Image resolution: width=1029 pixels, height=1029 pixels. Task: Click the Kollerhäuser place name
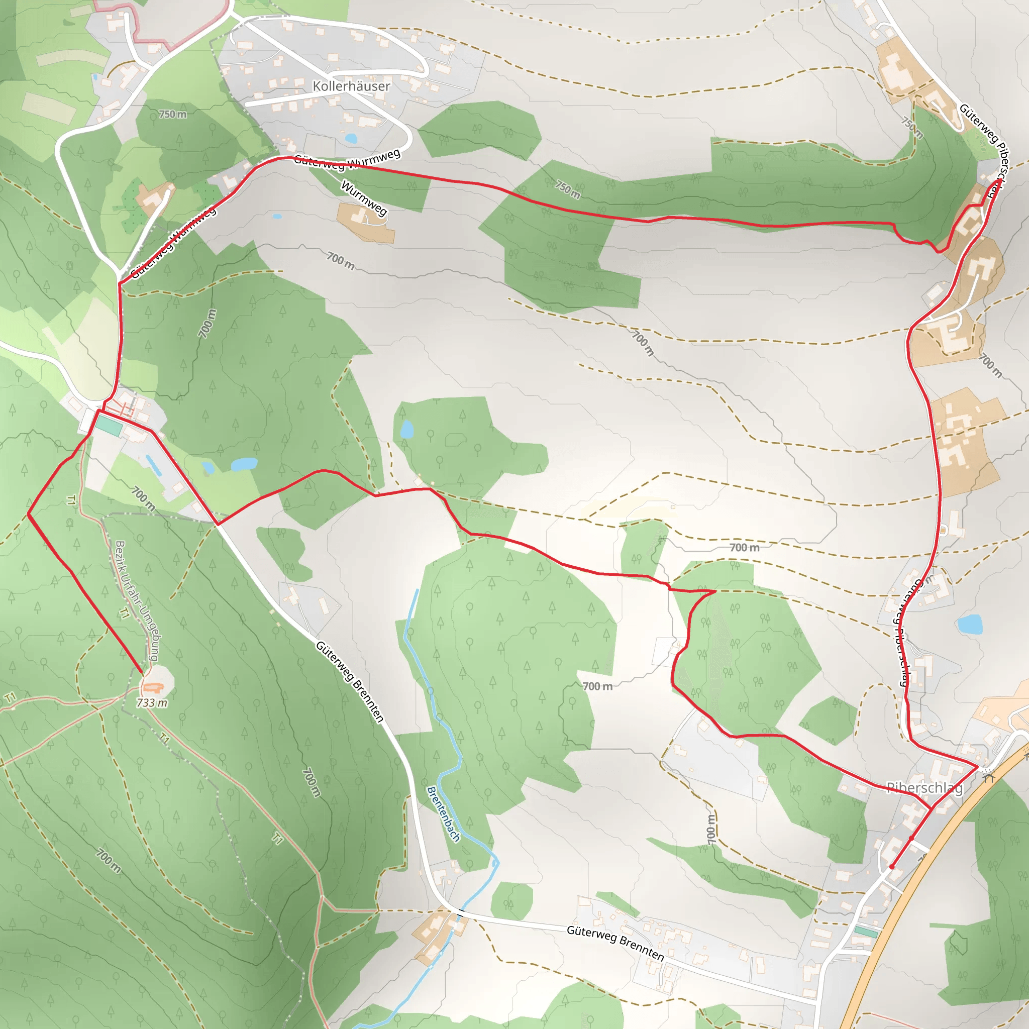click(x=351, y=86)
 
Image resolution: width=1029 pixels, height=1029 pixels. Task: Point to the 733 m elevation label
click(x=152, y=703)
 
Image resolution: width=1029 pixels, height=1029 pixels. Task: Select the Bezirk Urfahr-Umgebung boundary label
click(x=136, y=601)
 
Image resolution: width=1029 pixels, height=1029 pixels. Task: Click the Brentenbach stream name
click(x=443, y=814)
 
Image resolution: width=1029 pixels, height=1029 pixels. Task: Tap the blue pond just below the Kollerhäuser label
click(x=351, y=139)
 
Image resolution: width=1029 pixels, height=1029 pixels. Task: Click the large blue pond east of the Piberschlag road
click(x=969, y=624)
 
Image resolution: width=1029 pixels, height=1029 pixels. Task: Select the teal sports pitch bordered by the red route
click(x=109, y=426)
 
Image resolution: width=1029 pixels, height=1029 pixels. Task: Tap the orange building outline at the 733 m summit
click(x=153, y=688)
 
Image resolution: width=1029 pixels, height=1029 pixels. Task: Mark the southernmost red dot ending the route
click(x=892, y=867)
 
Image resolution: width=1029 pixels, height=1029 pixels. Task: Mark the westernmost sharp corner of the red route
click(x=28, y=514)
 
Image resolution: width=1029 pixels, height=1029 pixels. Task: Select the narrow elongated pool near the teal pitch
click(x=154, y=465)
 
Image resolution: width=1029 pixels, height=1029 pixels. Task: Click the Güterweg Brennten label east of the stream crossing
click(x=615, y=943)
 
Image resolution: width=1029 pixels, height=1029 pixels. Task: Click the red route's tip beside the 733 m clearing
click(x=142, y=673)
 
